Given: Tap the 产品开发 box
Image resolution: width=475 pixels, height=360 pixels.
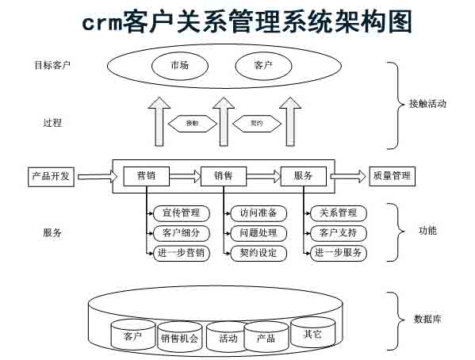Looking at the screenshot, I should [51, 176].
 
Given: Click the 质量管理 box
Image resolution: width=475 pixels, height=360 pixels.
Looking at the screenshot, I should [392, 176].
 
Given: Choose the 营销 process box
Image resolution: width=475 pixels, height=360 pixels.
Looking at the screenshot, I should [145, 176].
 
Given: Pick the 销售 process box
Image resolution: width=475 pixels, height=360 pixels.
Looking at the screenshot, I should [224, 176].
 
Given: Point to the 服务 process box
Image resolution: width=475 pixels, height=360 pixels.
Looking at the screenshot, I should [303, 176].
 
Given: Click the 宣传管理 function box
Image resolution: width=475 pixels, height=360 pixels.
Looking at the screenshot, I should [182, 213].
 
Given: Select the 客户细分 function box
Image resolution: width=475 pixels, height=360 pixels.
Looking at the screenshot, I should [182, 233].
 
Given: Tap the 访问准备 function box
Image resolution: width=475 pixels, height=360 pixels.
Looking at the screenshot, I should [259, 213].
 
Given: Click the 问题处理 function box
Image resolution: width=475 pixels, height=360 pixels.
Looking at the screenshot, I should [259, 233].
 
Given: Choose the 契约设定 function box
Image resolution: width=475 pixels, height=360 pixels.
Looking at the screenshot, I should [259, 253].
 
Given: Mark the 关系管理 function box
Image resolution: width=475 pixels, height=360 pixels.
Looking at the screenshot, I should [339, 213].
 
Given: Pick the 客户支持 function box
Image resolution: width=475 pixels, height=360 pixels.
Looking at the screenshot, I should [339, 233].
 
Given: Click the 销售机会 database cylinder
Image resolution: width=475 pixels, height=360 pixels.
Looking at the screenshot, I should [180, 338].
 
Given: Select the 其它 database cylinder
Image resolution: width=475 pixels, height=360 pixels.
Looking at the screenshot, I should [312, 333].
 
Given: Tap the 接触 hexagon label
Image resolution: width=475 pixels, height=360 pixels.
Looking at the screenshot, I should [193, 124].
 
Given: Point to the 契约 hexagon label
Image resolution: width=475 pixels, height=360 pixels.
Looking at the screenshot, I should [256, 124].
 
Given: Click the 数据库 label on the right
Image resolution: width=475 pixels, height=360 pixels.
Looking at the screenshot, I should [427, 320].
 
